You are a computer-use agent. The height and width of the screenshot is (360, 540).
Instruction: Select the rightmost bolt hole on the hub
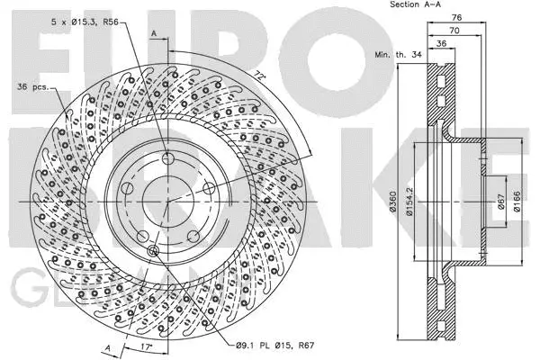point(208,187)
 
